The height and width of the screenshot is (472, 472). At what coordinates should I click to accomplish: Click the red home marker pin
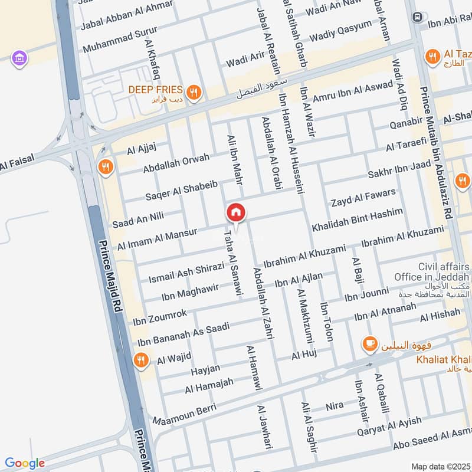pos(236,212)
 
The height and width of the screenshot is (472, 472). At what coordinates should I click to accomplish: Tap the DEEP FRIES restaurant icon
pos(192,91)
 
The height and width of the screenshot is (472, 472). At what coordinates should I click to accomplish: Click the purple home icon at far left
pos(20,58)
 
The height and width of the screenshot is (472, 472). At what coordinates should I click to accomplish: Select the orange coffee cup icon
pos(369,343)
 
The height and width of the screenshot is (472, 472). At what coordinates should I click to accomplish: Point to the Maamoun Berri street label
pos(184,413)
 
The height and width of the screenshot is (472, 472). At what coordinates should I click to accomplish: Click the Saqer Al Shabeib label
pos(182,191)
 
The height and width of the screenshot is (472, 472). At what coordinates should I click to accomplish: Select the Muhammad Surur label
pos(120,37)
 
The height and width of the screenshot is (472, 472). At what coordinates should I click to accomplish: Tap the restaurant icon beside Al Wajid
pos(141,359)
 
